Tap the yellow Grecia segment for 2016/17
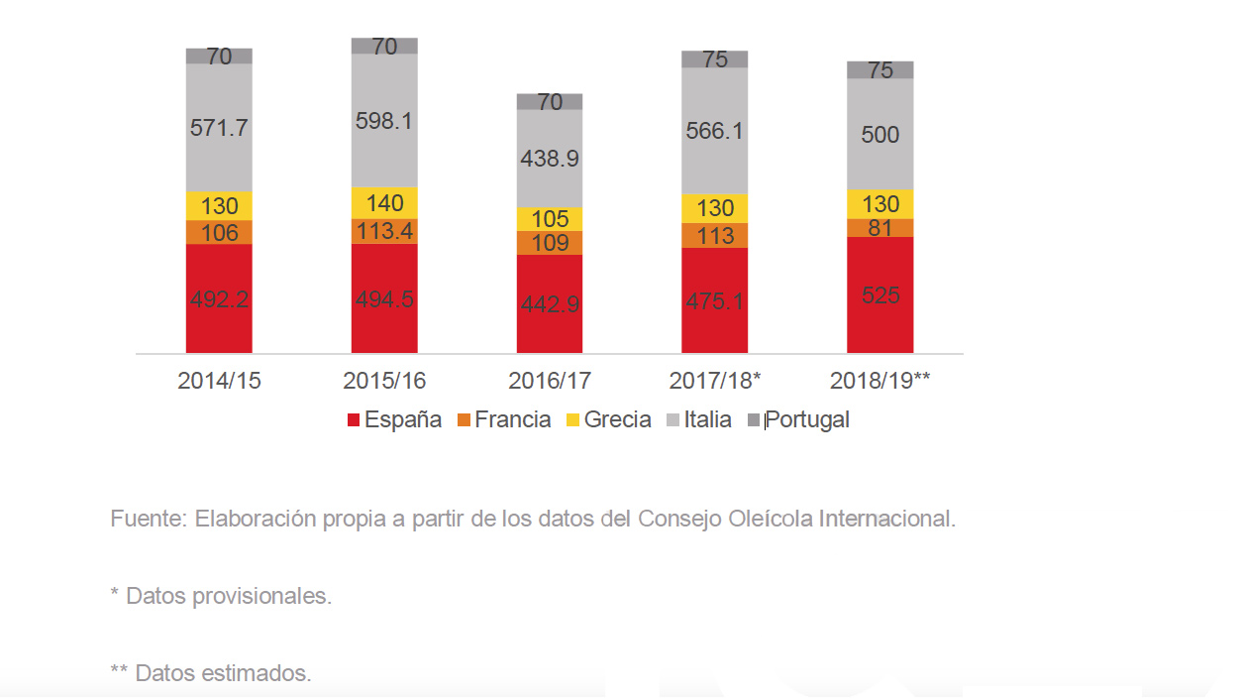pyautogui.click(x=550, y=219)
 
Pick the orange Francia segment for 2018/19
pyautogui.click(x=879, y=228)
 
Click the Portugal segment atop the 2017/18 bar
pyautogui.click(x=714, y=59)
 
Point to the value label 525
pyautogui.click(x=879, y=294)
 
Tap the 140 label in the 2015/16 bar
pyautogui.click(x=384, y=203)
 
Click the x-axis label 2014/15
pyautogui.click(x=219, y=381)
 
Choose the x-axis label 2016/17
pyautogui.click(x=550, y=381)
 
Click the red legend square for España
pyautogui.click(x=354, y=420)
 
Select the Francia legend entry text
pyautogui.click(x=512, y=419)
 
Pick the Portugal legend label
pyautogui.click(x=807, y=419)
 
